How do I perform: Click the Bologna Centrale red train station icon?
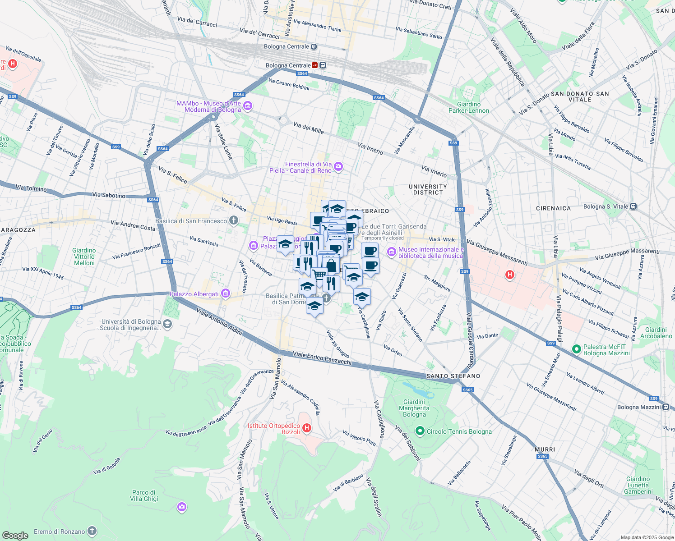(315, 65)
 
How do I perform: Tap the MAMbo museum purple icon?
(247, 106)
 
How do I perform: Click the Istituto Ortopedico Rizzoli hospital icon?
(307, 428)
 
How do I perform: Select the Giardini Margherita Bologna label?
(414, 408)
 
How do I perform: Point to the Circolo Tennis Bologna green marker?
(420, 431)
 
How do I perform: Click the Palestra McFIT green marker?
(576, 349)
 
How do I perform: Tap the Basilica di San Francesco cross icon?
(233, 220)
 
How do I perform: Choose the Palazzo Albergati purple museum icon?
(226, 294)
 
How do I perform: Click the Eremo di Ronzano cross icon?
(92, 531)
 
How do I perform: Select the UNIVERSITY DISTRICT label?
(428, 189)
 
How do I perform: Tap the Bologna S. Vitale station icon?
(633, 206)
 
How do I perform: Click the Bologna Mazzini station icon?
(666, 407)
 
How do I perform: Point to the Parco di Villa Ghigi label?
(144, 495)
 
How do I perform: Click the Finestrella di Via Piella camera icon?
(338, 167)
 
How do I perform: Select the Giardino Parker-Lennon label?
(469, 107)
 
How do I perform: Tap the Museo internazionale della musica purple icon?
(391, 251)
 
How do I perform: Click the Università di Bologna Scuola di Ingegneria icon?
(167, 324)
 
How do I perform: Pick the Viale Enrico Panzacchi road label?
(322, 358)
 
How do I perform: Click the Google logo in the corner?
(15, 535)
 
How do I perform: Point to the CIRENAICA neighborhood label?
(553, 208)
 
